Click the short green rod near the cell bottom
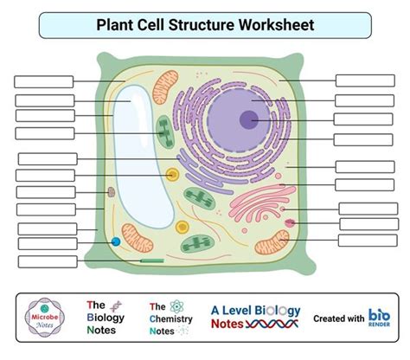pos(153,260)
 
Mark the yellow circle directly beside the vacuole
pos(173,175)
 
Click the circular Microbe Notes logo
pos(46,318)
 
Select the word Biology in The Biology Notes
pos(105,318)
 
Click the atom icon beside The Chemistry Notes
pos(177,305)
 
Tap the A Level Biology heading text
pos(255,310)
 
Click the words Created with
pos(338,318)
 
